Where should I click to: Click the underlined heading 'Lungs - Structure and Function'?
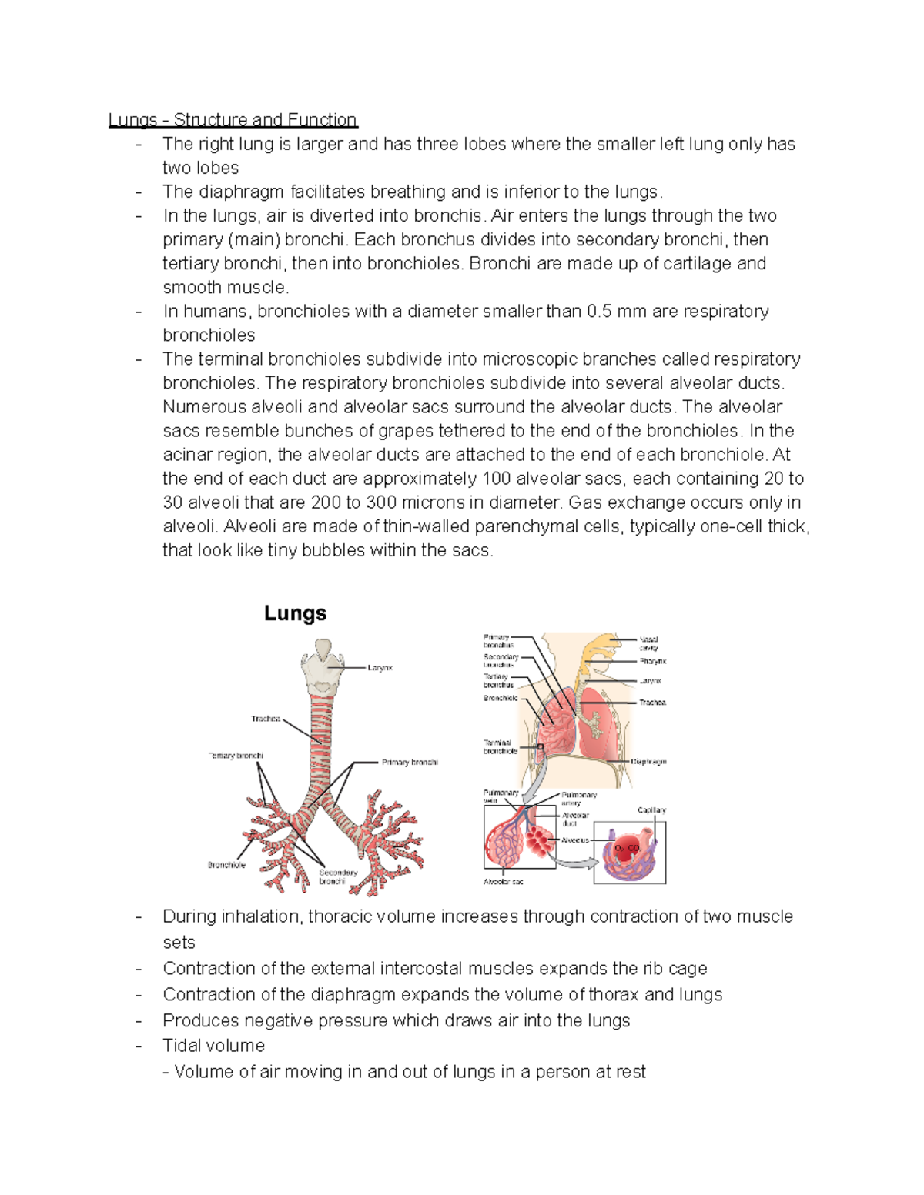click(x=233, y=120)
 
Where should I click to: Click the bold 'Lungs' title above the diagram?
click(x=295, y=613)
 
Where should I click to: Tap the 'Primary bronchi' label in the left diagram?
click(x=410, y=763)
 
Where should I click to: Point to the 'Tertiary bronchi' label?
click(x=236, y=756)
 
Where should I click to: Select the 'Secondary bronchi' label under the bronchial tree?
click(x=338, y=876)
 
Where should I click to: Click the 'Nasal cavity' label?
click(x=649, y=643)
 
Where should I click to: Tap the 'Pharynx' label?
click(x=652, y=661)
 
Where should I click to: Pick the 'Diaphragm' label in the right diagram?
click(x=648, y=762)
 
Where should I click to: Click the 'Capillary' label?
click(x=651, y=810)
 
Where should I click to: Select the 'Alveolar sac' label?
click(x=503, y=882)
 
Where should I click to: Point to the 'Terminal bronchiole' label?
click(x=500, y=746)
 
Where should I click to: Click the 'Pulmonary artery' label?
click(x=578, y=799)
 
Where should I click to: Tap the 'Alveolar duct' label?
click(x=574, y=819)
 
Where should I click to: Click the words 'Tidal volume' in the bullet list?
click(x=213, y=1046)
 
